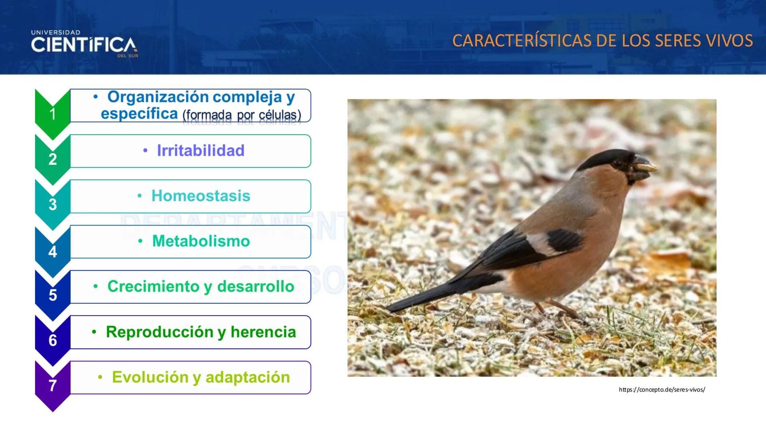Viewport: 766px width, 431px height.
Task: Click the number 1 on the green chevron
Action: tap(53, 115)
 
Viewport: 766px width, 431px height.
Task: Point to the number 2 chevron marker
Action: tap(53, 160)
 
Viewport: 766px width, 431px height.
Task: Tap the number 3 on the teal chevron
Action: tap(53, 205)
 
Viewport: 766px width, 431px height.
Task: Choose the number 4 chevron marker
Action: tap(53, 252)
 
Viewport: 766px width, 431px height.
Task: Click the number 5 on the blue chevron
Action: tap(53, 295)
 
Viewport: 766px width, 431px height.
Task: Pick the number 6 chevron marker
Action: tap(53, 340)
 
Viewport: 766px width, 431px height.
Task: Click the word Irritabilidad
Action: tap(200, 151)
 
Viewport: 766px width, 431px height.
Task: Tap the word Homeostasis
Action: tap(201, 196)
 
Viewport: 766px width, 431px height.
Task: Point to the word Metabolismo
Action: tap(201, 241)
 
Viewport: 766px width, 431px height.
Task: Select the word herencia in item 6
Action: tap(263, 332)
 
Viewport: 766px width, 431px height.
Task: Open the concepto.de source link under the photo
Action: tap(662, 389)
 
